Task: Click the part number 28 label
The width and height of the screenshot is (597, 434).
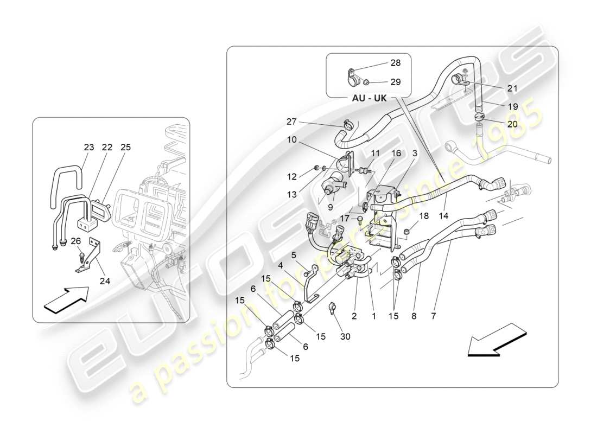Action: tap(395, 63)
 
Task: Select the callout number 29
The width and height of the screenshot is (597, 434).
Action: tap(395, 82)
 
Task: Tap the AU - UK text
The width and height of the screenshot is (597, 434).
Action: tap(370, 99)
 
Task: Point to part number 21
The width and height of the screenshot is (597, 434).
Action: tap(512, 88)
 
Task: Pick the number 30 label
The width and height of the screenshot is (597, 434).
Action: tap(345, 336)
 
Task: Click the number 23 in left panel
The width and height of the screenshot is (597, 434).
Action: tap(88, 147)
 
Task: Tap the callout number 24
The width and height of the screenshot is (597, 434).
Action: tap(104, 280)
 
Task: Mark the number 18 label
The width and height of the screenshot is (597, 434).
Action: tap(423, 216)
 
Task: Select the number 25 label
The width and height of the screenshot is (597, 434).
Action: tap(125, 147)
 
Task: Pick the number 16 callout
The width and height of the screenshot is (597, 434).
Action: tap(396, 154)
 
